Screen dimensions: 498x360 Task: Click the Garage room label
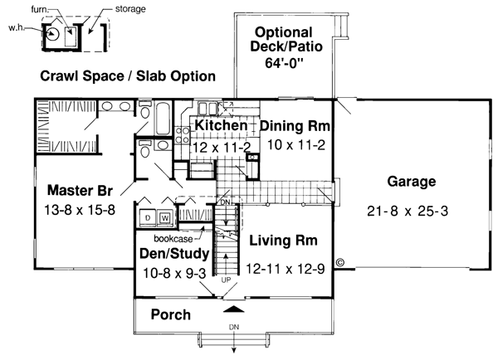(412, 182)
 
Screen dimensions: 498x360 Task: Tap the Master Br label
(80, 191)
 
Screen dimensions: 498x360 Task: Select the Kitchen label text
(221, 125)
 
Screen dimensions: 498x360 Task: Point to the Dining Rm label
(295, 126)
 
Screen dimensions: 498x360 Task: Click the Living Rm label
(283, 241)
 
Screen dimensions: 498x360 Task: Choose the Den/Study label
(174, 254)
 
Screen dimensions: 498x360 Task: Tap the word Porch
(171, 314)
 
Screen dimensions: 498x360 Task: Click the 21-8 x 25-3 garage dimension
(408, 212)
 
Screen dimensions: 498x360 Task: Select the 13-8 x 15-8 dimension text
(80, 210)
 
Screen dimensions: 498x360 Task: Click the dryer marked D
(148, 218)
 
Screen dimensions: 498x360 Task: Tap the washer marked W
(165, 218)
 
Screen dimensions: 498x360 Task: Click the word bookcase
(173, 238)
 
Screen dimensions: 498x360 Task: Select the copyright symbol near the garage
(339, 263)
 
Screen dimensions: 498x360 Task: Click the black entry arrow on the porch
(234, 309)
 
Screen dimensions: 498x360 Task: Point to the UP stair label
(226, 280)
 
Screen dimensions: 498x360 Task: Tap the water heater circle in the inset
(52, 33)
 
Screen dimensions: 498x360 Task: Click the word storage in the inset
(130, 9)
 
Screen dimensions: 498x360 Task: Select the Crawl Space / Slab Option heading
(128, 76)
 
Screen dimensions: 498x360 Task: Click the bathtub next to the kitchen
(164, 119)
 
